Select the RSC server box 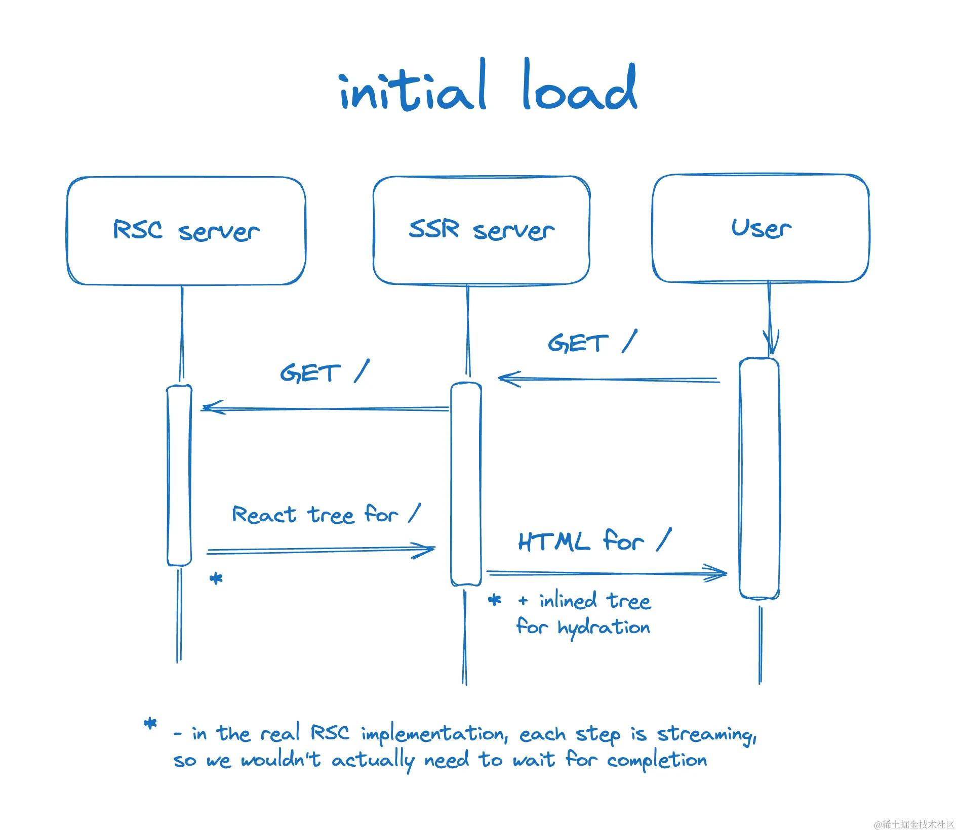click(186, 230)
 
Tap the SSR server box click(481, 230)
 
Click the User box click(761, 228)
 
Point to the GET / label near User click(591, 343)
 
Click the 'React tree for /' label click(326, 515)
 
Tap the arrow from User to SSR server click(608, 379)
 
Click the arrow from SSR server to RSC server click(324, 408)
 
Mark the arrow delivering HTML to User click(607, 573)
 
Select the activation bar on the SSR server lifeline click(466, 483)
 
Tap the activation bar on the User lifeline click(759, 478)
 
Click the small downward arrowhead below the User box click(770, 342)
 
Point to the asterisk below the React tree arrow click(216, 578)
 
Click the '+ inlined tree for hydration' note click(583, 614)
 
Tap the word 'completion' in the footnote click(657, 760)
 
